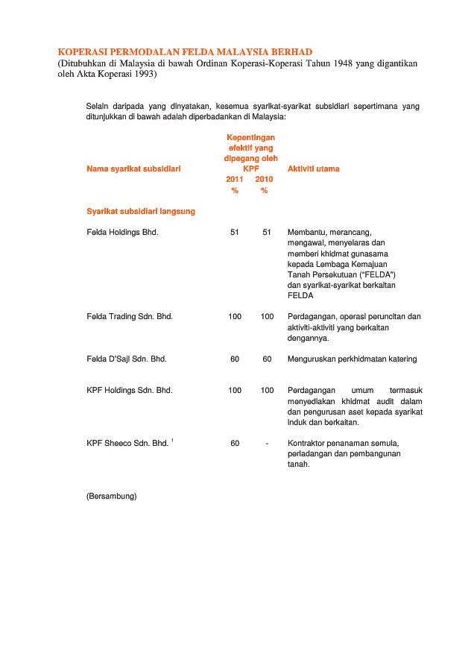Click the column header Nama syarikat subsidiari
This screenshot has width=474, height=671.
133,169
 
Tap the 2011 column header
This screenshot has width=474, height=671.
235,180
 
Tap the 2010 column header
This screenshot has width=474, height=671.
264,180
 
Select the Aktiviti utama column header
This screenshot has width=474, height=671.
313,169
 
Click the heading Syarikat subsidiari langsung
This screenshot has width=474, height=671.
141,212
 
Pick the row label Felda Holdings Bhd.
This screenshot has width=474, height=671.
123,233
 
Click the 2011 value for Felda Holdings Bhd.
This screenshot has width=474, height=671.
235,233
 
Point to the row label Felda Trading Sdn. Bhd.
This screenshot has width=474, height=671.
130,317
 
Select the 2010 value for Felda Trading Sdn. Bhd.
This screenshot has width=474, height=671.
267,317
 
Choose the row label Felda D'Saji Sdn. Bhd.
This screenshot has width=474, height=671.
127,359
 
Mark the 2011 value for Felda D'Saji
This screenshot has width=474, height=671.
235,359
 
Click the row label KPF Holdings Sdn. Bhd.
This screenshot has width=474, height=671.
130,391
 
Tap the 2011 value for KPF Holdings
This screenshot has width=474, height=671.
235,391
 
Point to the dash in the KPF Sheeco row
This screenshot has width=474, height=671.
267,444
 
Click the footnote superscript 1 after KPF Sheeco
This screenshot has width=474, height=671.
172,441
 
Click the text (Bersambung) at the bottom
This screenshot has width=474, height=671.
112,496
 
